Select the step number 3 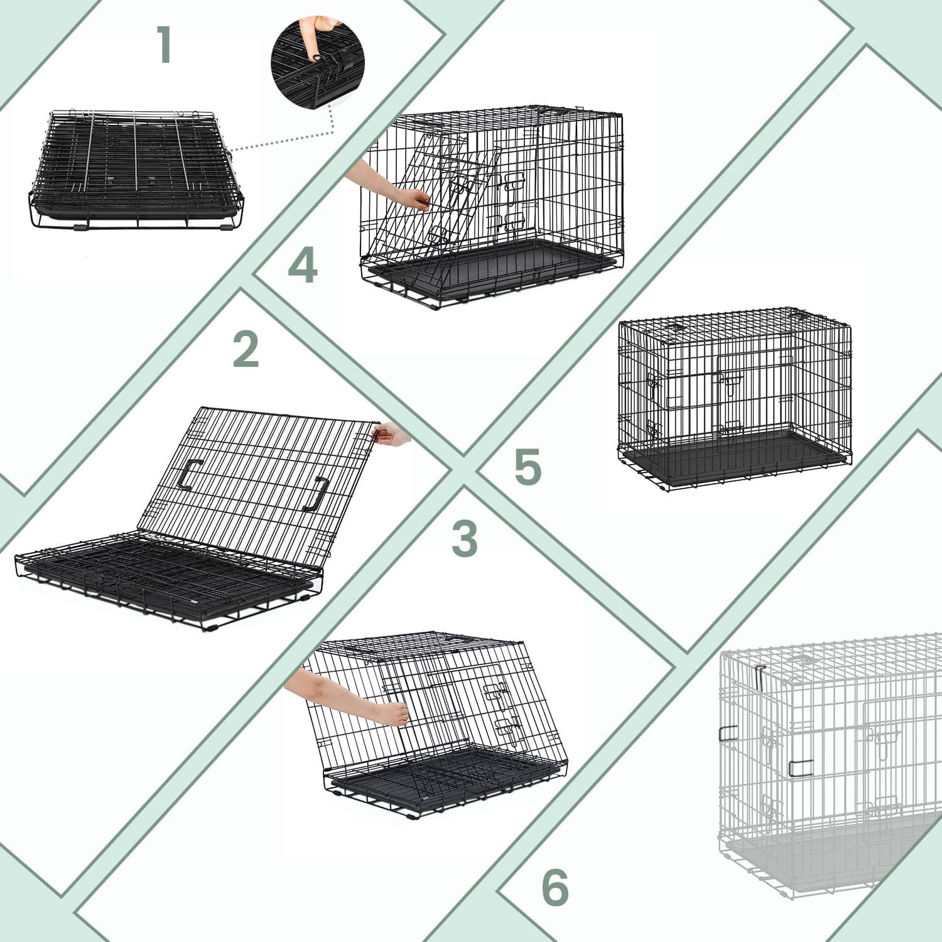(465, 538)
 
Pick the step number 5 (528, 467)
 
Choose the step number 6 (555, 887)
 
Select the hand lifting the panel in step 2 (391, 434)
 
